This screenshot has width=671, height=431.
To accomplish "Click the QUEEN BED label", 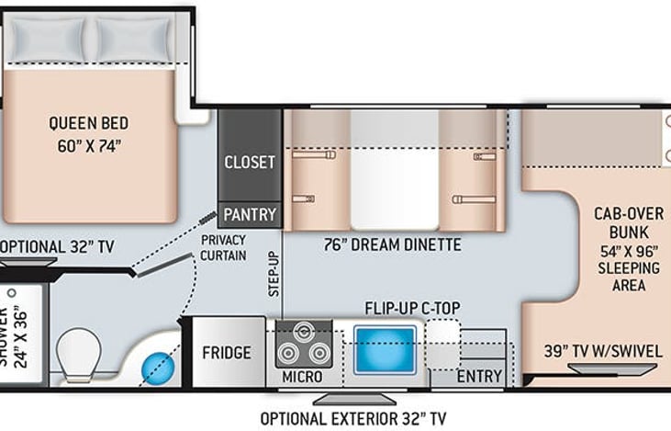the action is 89,123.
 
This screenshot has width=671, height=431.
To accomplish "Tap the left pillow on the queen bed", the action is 48,40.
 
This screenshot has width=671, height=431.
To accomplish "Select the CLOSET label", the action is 250,163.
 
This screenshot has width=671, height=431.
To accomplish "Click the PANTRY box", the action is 250,215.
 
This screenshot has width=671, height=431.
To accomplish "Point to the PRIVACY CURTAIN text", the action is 223,247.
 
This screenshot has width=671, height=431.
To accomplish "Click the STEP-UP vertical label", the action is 274,274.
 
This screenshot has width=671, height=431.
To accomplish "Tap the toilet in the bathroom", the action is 79,355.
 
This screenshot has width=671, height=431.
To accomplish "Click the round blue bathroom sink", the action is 158,368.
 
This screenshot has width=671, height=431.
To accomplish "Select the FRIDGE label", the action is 227,353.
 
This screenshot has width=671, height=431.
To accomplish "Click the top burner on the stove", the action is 304,331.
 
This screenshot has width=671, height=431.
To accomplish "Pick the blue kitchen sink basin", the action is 385,349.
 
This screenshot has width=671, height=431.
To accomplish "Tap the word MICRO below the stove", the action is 302,377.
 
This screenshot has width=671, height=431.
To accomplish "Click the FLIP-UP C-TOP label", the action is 412,308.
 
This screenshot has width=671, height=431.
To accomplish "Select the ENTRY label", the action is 479,377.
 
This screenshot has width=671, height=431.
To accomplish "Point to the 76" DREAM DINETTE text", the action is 393,244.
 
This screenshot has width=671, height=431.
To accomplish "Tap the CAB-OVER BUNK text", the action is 629,222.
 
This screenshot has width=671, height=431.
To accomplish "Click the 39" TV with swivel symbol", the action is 612,369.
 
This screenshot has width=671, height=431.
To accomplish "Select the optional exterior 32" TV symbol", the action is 354,400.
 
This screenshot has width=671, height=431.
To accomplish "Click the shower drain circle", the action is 12,293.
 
